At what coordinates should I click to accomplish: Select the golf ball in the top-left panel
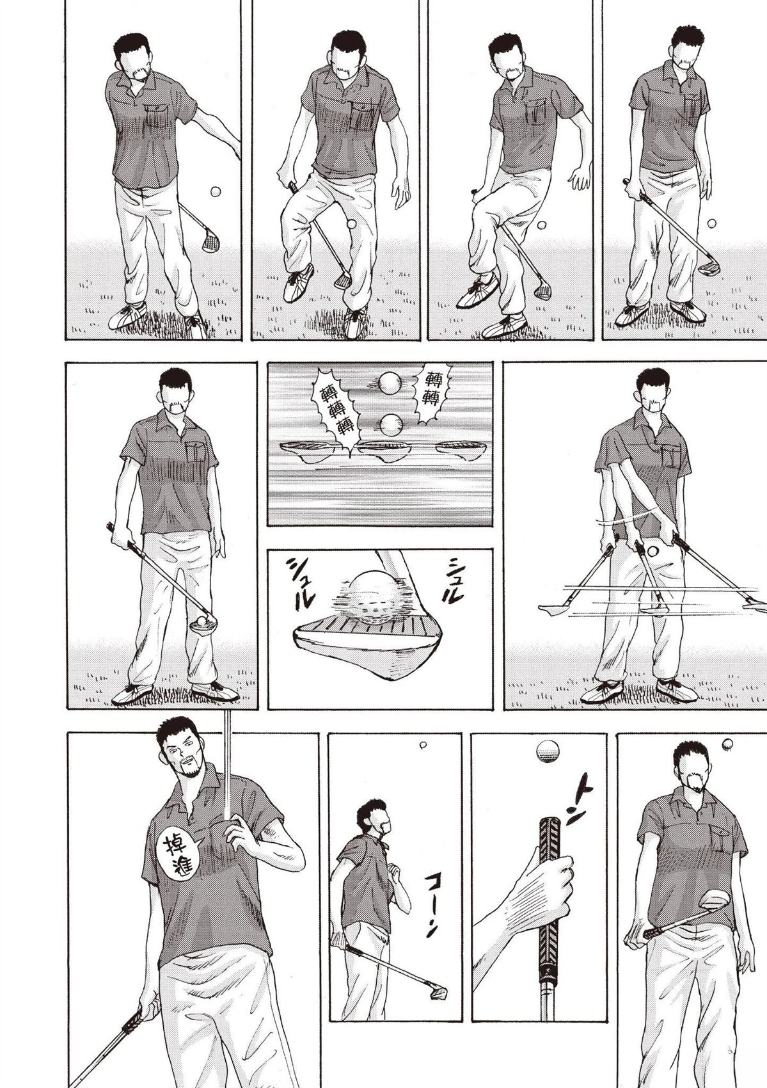216,191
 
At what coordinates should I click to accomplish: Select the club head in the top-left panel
209,239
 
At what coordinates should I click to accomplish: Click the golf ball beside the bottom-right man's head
728,756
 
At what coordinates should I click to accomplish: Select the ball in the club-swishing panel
653,551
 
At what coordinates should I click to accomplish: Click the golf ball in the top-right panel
712,223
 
